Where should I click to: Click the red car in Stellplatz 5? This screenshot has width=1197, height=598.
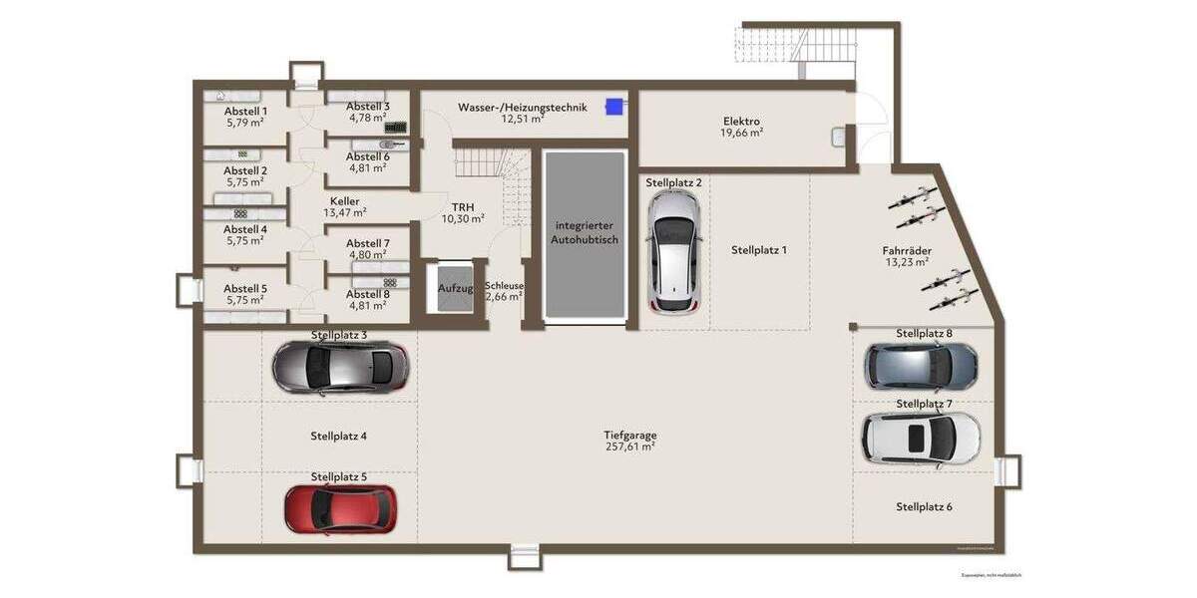tap(340, 508)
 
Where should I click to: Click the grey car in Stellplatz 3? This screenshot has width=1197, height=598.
tap(340, 367)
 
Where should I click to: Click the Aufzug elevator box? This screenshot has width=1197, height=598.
tap(455, 289)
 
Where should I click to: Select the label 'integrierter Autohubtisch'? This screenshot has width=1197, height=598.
tap(587, 233)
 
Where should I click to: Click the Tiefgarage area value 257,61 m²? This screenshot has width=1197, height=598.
tap(629, 448)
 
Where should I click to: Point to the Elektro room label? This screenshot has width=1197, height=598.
tap(741, 122)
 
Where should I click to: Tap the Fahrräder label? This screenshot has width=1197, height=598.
tap(906, 250)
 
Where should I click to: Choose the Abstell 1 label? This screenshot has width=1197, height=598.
tap(245, 111)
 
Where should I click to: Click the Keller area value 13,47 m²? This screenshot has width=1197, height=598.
tap(344, 212)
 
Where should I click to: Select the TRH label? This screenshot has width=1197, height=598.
tap(463, 206)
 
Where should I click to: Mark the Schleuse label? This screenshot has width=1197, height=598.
tap(504, 285)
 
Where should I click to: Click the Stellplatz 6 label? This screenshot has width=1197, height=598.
tap(923, 506)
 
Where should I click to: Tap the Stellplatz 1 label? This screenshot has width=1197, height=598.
tap(758, 250)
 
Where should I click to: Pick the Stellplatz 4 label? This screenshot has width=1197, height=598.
tap(338, 436)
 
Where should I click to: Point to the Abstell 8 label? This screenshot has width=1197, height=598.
tap(367, 294)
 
